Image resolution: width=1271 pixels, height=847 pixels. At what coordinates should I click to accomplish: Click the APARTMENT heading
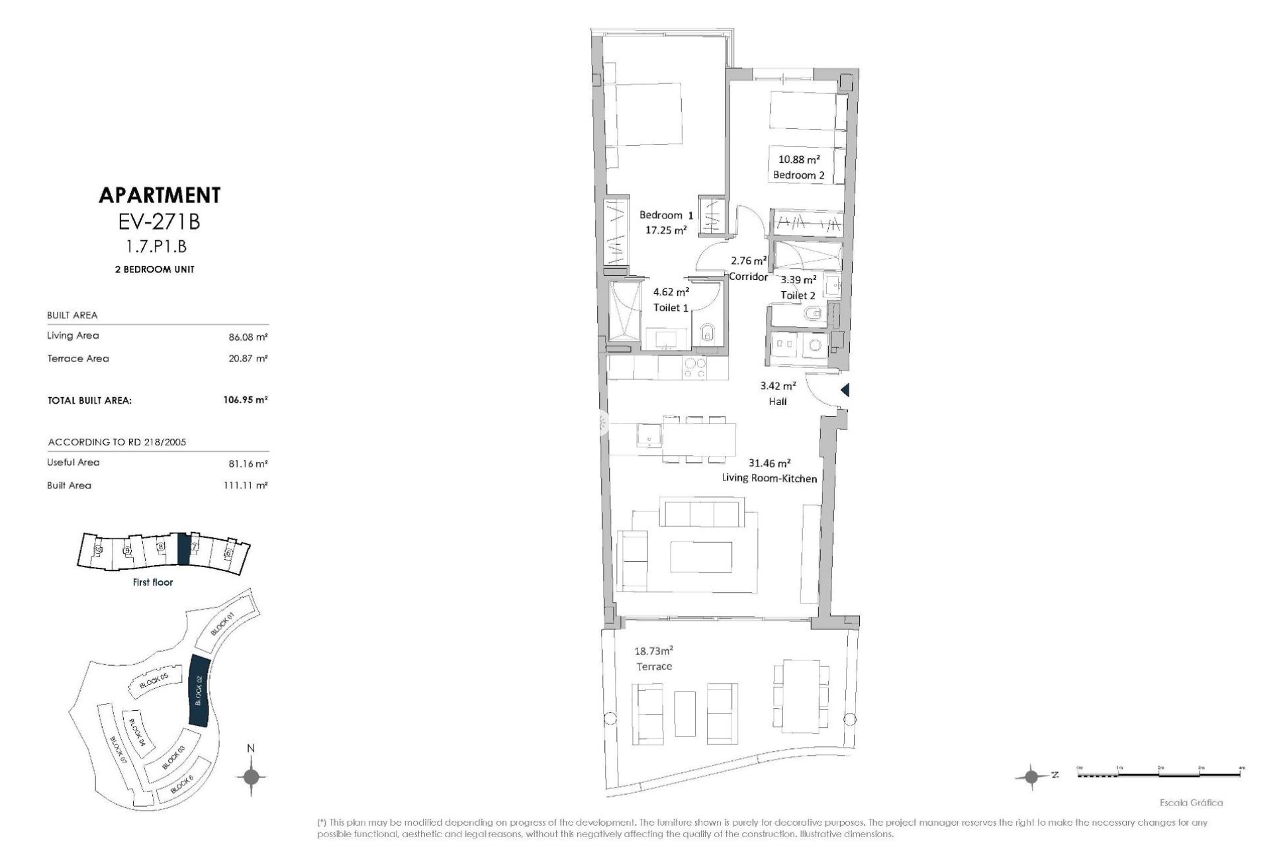[x=159, y=195]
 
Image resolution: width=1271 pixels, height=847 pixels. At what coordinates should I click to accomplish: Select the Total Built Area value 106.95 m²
[x=245, y=400]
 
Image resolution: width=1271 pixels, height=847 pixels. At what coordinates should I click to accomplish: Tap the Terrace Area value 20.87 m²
[x=248, y=359]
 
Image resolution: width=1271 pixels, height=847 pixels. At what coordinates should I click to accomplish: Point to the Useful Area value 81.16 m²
[x=248, y=463]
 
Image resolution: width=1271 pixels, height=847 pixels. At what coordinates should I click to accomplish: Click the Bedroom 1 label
[x=665, y=216]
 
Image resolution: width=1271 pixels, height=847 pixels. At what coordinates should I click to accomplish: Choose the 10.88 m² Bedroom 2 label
[x=798, y=167]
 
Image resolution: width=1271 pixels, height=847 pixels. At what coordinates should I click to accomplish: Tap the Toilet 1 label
[x=671, y=307]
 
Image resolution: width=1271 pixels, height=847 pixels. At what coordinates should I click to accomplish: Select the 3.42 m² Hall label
[x=778, y=393]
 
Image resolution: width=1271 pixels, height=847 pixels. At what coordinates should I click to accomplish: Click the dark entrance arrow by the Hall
[x=845, y=390]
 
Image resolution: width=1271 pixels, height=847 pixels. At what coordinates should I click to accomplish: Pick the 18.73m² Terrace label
[x=654, y=658]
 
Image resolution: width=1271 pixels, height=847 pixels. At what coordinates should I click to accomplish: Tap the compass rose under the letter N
[x=251, y=776]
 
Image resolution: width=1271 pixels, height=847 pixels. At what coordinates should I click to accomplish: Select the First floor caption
[x=152, y=582]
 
